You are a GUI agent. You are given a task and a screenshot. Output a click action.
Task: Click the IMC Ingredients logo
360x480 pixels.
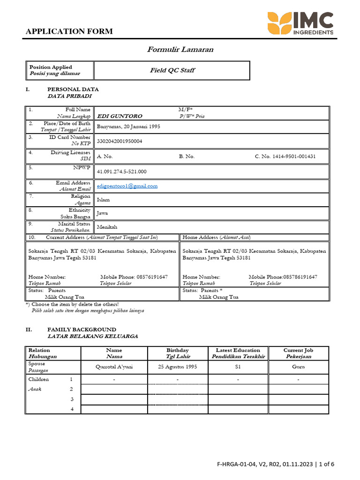tap(300, 24)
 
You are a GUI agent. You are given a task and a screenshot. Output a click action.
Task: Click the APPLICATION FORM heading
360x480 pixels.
tap(69, 31)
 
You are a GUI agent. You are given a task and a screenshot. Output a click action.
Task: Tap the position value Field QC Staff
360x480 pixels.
tap(172, 70)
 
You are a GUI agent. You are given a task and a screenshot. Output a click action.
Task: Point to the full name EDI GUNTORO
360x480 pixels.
tap(119, 116)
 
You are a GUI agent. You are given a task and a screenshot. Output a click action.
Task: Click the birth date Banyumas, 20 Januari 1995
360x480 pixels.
tap(128, 127)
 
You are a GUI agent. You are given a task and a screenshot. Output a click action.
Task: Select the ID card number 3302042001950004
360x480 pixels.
tap(120, 141)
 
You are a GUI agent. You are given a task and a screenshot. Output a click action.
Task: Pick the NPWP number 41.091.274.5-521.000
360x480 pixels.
tap(121, 172)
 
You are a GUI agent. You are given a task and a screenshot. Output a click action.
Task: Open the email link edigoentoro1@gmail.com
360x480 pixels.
tap(127, 186)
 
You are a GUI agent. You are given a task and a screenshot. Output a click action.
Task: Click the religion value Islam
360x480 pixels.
tap(103, 200)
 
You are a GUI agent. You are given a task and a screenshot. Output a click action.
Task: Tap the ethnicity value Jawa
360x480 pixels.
tap(102, 213)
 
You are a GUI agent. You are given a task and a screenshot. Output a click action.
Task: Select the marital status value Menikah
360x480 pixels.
tap(106, 227)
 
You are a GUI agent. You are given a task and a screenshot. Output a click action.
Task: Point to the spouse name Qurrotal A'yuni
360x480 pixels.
tap(114, 367)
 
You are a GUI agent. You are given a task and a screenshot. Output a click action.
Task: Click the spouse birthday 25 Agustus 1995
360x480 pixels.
tap(178, 367)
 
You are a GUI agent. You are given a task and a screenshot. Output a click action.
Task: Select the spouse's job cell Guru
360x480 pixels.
tap(298, 367)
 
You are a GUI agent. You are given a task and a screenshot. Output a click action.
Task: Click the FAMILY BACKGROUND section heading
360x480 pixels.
tap(82, 330)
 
